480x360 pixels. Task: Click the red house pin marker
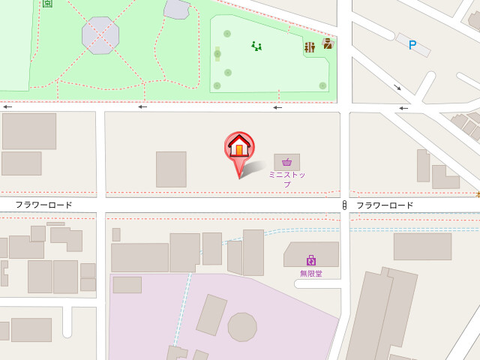tap(239, 146)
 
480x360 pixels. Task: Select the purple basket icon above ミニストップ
tap(286, 162)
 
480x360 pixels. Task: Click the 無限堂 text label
tap(310, 274)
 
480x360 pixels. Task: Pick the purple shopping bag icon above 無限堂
tap(310, 261)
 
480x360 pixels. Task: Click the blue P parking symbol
tap(412, 45)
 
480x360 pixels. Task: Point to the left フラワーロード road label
tap(44, 205)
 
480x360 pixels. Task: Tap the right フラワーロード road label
tap(385, 205)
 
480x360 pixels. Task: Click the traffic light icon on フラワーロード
tap(344, 205)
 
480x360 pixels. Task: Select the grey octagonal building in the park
tap(100, 35)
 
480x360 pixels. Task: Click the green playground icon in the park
tap(256, 46)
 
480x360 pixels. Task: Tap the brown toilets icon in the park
tap(309, 47)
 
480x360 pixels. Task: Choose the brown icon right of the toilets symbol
tap(328, 43)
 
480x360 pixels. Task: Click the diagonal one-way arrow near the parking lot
tap(397, 88)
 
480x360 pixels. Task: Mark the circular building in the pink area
tap(242, 327)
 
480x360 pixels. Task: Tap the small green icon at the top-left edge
tap(47, 3)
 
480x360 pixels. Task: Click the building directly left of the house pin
tap(171, 169)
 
